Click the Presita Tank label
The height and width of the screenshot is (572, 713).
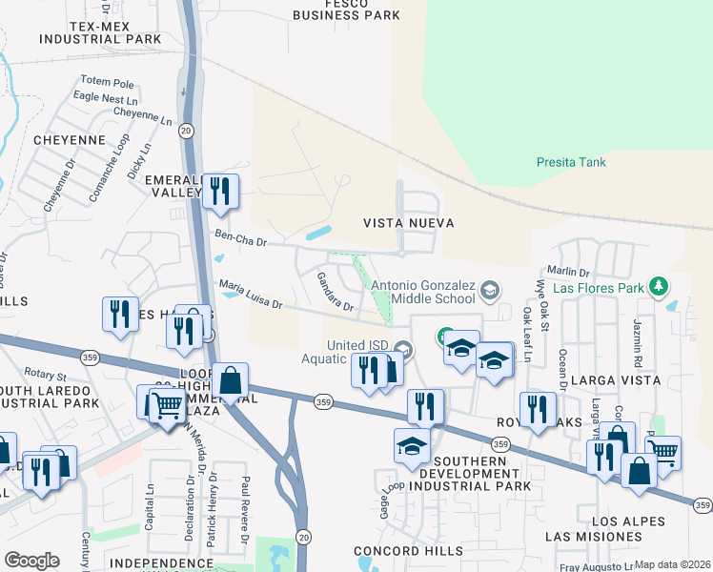pyautogui.click(x=571, y=162)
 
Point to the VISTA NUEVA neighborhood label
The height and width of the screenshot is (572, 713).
pyautogui.click(x=408, y=223)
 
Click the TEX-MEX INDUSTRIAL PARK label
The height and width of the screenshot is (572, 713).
pyautogui.click(x=101, y=32)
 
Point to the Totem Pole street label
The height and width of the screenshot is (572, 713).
pyautogui.click(x=109, y=82)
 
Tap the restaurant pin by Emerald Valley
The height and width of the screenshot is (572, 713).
pyautogui.click(x=221, y=191)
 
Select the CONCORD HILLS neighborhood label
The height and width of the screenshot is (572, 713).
pyautogui.click(x=394, y=551)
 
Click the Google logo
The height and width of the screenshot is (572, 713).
pyautogui.click(x=31, y=560)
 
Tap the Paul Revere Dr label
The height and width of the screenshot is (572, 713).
pyautogui.click(x=245, y=515)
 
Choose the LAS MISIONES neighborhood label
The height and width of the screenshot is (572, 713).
pyautogui.click(x=593, y=537)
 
